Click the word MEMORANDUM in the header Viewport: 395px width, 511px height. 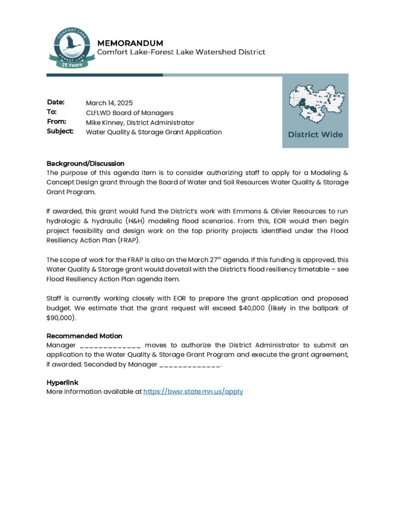click(x=130, y=43)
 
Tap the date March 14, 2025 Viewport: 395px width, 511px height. click(x=109, y=103)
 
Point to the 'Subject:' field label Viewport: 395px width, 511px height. click(x=60, y=132)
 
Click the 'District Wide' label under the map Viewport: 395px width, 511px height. click(x=315, y=134)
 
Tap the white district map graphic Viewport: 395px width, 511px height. click(x=315, y=103)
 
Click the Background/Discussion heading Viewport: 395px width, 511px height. click(x=85, y=163)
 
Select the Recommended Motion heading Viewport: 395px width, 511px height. click(x=84, y=336)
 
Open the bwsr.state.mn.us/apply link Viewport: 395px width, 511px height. click(x=193, y=392)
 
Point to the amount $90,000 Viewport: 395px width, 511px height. click(x=60, y=317)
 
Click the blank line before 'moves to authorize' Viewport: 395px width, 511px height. click(x=110, y=346)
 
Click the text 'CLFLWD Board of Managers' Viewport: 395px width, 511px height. click(x=129, y=113)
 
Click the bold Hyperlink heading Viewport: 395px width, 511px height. click(x=62, y=382)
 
